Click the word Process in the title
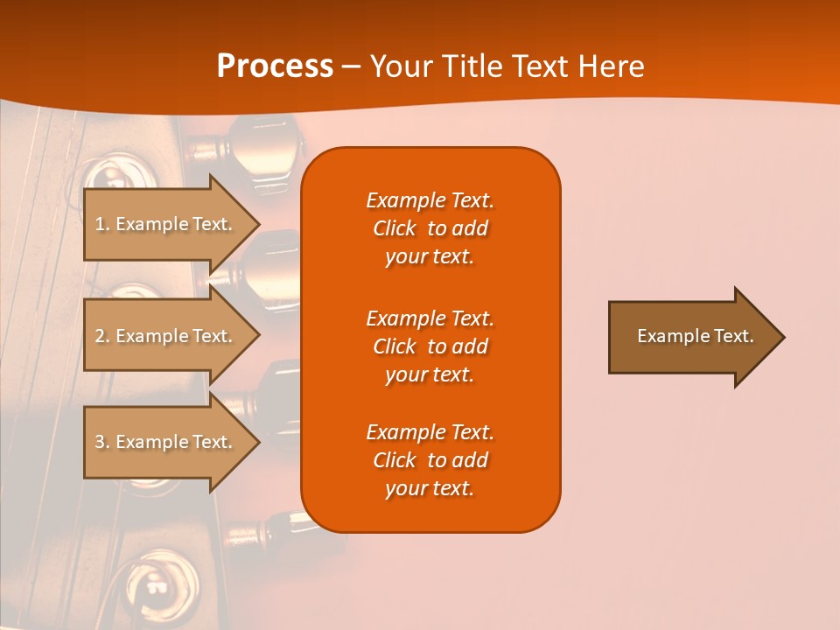275,66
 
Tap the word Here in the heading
612,66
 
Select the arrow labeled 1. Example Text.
166,224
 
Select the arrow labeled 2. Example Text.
166,336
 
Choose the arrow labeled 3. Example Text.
166,442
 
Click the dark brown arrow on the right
691,336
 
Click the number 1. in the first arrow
102,224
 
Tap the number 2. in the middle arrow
102,336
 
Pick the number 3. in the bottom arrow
102,442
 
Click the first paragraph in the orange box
430,228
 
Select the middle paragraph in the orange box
430,346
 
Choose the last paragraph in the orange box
430,460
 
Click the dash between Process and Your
351,67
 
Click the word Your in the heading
400,66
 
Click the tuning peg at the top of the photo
254,144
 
